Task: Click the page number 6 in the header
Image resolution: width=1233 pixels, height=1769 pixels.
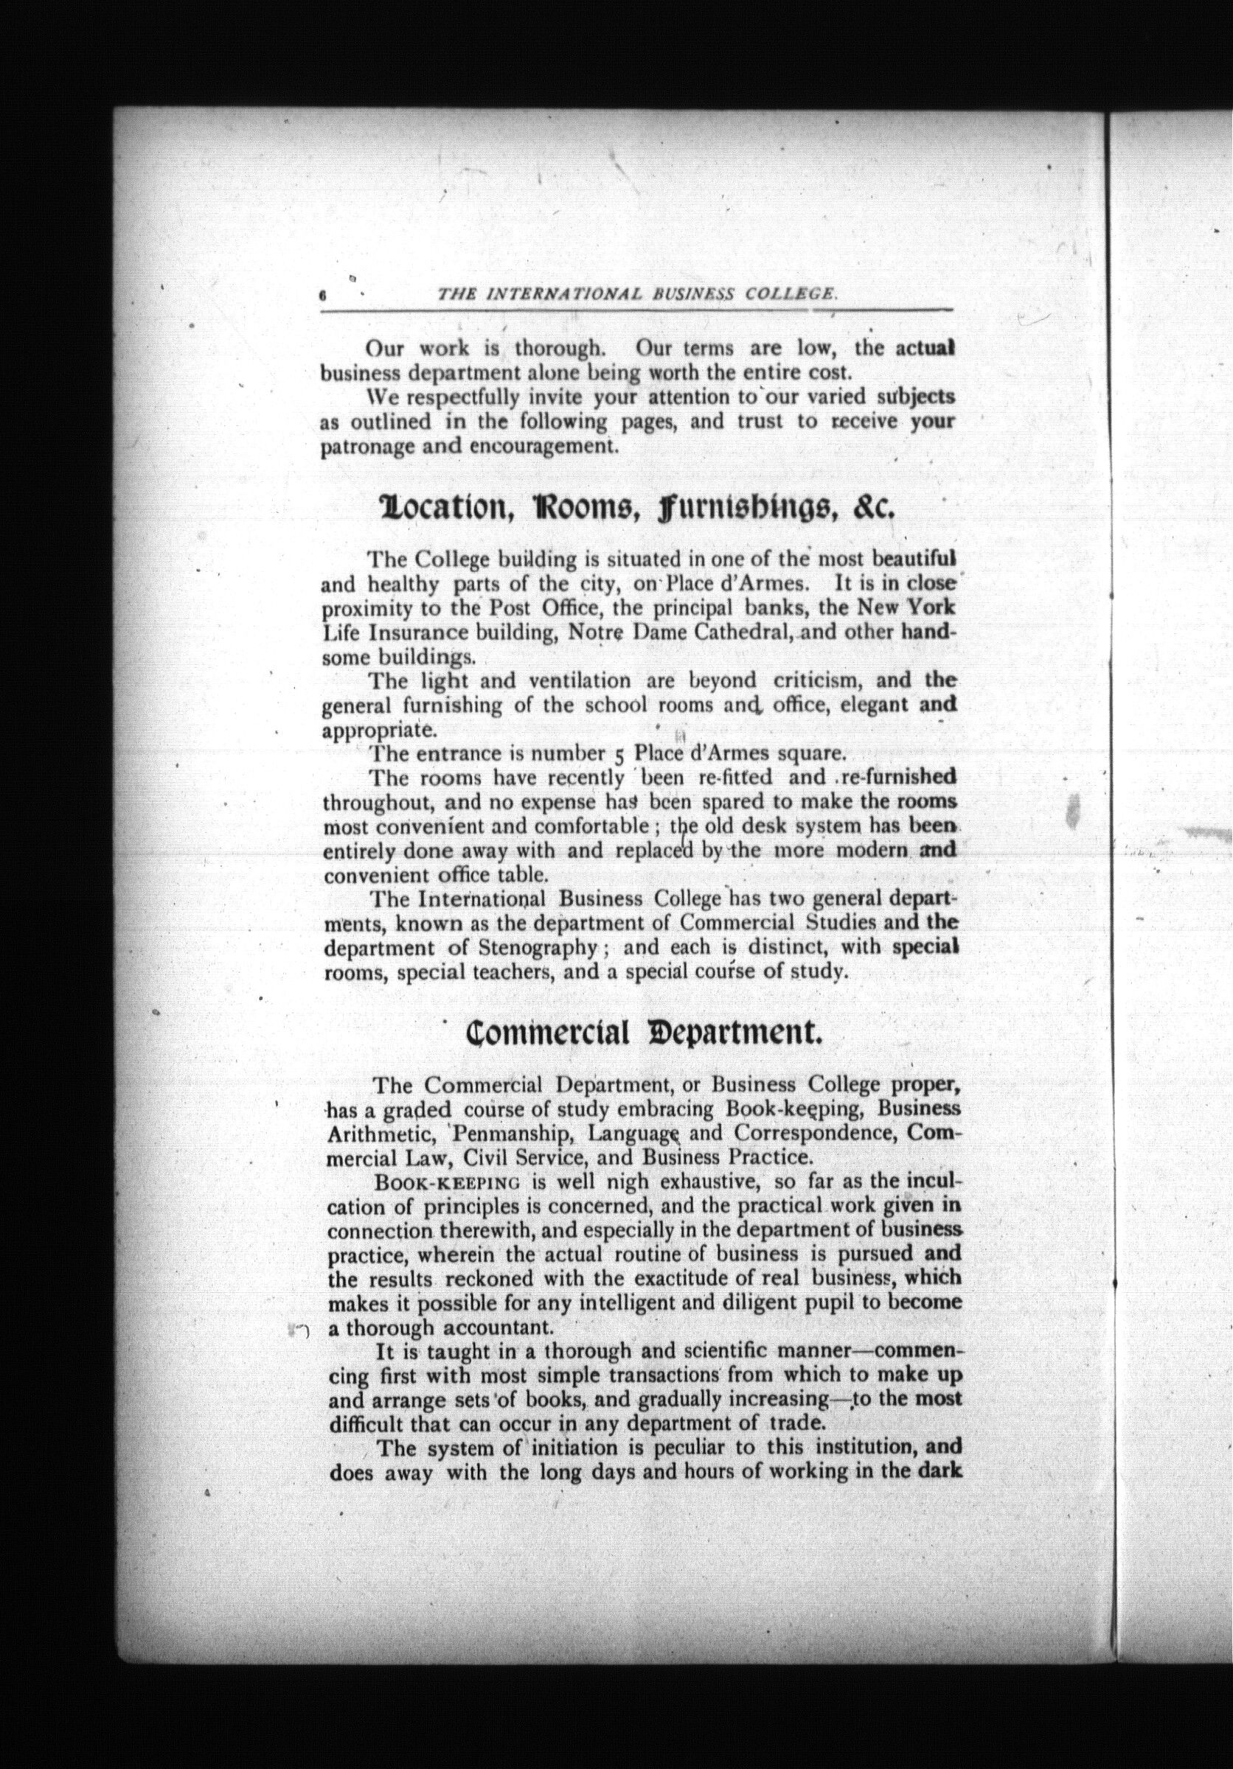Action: click(324, 294)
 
